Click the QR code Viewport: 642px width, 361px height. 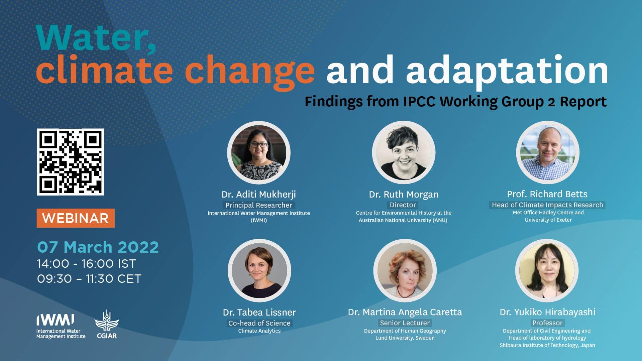click(70, 162)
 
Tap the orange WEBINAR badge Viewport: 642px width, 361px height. click(76, 218)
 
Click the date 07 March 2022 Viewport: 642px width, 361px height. click(98, 247)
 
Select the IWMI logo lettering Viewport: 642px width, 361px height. click(55, 320)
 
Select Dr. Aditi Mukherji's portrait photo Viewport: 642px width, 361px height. click(259, 153)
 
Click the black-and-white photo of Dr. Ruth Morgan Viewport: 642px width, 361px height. click(404, 152)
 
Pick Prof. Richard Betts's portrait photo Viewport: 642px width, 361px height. click(548, 152)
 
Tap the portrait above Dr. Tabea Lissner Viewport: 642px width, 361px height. click(259, 270)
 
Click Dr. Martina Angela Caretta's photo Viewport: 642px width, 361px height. click(405, 270)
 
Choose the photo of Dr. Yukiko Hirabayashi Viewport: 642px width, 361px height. click(547, 270)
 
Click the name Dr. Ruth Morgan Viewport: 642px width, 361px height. click(404, 194)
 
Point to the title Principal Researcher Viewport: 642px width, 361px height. click(259, 205)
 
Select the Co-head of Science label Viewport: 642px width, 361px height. click(259, 323)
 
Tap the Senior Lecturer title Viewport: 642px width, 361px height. click(405, 323)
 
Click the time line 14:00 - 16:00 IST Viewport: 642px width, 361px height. click(87, 264)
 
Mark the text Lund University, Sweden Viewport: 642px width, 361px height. click(405, 338)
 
